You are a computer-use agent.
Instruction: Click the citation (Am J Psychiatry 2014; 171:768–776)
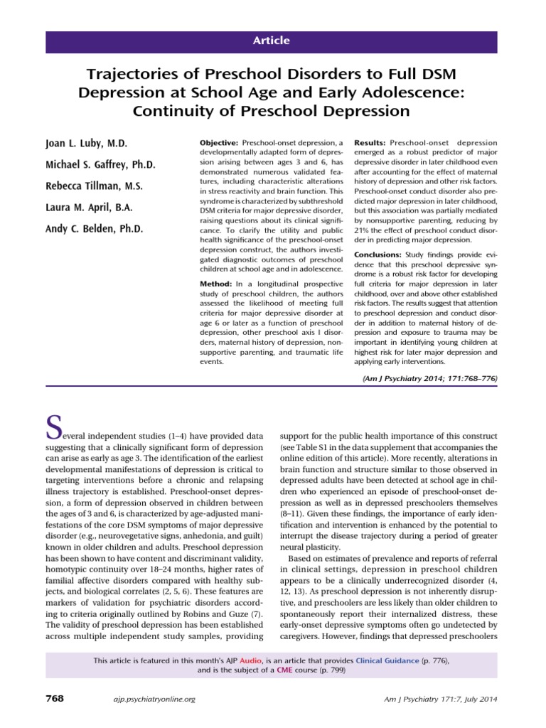coord(429,380)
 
